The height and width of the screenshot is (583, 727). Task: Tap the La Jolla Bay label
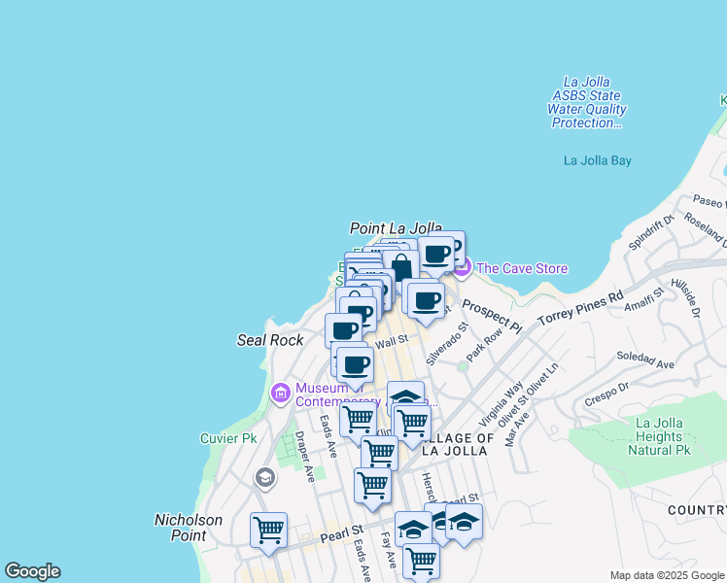(x=598, y=160)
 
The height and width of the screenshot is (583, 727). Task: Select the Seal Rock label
(x=270, y=340)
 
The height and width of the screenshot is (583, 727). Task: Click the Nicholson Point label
(x=189, y=528)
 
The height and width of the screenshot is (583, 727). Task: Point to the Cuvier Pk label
(x=228, y=438)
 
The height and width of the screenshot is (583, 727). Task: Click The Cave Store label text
(x=522, y=268)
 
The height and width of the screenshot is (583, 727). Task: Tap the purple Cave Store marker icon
(x=461, y=267)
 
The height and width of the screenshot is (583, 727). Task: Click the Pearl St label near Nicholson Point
(x=341, y=532)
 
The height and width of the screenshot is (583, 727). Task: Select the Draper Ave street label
(x=305, y=457)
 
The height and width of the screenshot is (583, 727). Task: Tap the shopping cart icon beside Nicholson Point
(x=268, y=530)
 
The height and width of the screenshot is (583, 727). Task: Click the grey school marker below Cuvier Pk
(x=264, y=477)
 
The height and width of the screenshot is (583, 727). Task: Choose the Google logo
(x=32, y=571)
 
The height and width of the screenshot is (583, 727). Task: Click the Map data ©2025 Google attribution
(x=667, y=575)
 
